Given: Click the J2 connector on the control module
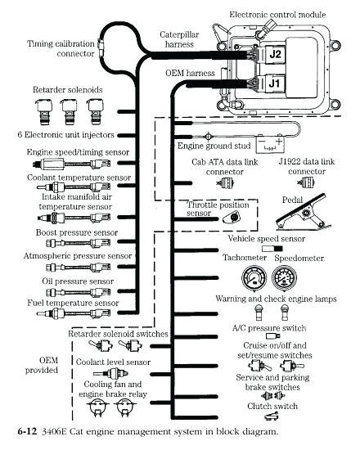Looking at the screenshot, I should point(276,54).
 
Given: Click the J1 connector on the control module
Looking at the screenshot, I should point(276,82).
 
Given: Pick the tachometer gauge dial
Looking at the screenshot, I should point(240,281).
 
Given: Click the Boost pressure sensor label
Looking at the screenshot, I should point(75,233).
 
